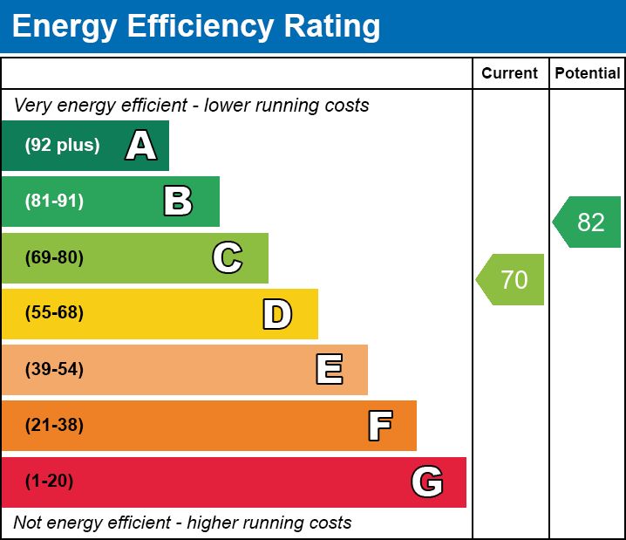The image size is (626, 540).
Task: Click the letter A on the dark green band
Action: coord(141,146)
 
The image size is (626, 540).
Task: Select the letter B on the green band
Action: coord(178,202)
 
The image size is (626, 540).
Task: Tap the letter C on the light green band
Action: coord(228,257)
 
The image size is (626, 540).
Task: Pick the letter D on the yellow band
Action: coord(277,314)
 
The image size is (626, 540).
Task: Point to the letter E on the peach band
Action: coord(329,370)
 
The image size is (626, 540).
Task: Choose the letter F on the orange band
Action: coord(379,426)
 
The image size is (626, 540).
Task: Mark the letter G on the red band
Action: coord(427,482)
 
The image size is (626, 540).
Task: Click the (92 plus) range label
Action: coord(62,146)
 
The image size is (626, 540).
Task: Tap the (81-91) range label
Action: coord(54,202)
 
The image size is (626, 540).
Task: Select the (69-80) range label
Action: coord(54,257)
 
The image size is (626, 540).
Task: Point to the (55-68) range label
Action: coord(54,313)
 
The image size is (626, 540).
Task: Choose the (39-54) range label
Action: coord(54,370)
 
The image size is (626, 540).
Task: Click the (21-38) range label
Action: coord(54,426)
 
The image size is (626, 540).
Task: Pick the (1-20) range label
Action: coord(50,482)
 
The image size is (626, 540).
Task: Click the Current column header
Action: coord(510,74)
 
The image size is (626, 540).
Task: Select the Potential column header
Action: coord(588,74)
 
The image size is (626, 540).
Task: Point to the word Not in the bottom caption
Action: coord(28,523)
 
